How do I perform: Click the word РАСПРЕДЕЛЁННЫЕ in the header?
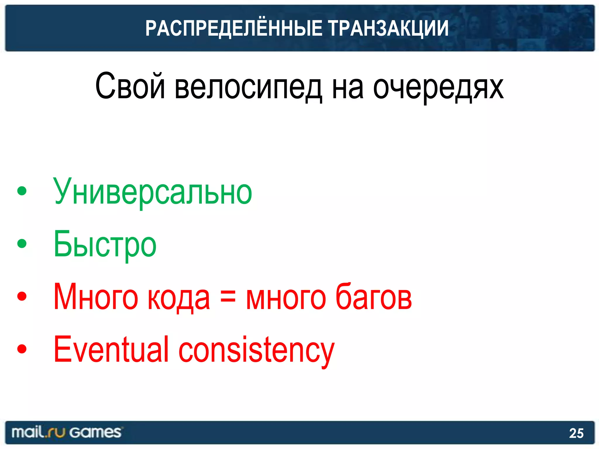tap(233, 28)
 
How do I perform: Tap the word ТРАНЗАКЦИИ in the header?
tap(388, 28)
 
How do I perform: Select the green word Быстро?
tap(105, 244)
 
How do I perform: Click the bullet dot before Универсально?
tap(22, 191)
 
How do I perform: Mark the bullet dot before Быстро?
tap(22, 244)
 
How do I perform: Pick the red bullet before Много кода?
tap(22, 296)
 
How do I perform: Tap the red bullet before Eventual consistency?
tap(22, 349)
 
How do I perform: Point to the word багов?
tap(373, 297)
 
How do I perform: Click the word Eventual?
tap(111, 349)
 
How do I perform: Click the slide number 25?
tap(576, 433)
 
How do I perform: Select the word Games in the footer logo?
tap(95, 432)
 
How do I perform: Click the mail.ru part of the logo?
tap(38, 432)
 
